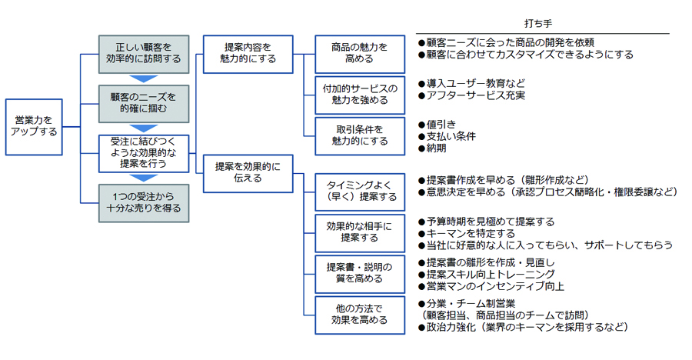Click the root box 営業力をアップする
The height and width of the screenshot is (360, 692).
pyautogui.click(x=34, y=126)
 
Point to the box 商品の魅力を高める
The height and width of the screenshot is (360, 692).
pyautogui.click(x=360, y=53)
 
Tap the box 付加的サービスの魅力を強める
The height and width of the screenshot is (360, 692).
pyautogui.click(x=360, y=95)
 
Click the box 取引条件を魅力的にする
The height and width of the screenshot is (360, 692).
pyautogui.click(x=360, y=135)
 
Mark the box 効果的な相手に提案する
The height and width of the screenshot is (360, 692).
pyautogui.click(x=360, y=232)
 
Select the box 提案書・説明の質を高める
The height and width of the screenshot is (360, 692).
pyautogui.click(x=360, y=273)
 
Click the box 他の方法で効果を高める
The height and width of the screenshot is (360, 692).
pyautogui.click(x=360, y=315)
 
